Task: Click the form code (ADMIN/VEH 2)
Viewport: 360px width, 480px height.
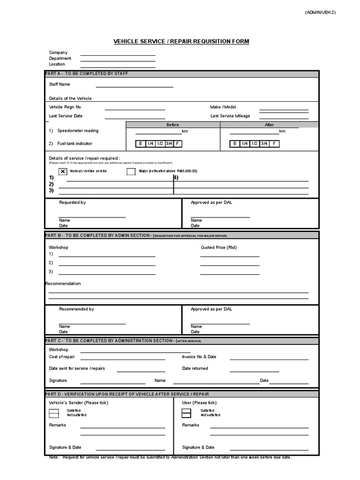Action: click(x=320, y=13)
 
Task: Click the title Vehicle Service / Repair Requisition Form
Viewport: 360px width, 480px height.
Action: click(x=181, y=42)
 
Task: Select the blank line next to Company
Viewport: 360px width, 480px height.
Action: click(x=118, y=55)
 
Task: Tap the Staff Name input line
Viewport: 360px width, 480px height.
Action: click(x=135, y=86)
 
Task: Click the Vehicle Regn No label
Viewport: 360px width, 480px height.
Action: click(x=65, y=107)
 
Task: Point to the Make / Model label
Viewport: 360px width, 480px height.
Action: click(x=223, y=107)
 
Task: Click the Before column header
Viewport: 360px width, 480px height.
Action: click(x=173, y=125)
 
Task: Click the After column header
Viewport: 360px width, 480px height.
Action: click(x=270, y=125)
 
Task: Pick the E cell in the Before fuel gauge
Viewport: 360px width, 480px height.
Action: click(x=140, y=144)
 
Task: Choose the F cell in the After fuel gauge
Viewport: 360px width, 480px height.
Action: click(x=274, y=144)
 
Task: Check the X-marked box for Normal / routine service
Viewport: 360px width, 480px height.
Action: click(x=63, y=172)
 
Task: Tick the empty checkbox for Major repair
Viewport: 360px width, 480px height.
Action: click(x=131, y=172)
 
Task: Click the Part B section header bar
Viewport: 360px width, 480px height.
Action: click(x=181, y=235)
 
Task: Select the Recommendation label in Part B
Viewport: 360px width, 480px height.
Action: click(x=63, y=284)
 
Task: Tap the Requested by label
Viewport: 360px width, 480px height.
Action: click(x=72, y=202)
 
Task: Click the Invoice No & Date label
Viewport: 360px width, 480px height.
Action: click(x=199, y=357)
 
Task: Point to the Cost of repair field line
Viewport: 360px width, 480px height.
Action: click(x=122, y=359)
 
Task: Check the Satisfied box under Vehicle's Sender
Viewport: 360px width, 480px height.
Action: click(x=54, y=411)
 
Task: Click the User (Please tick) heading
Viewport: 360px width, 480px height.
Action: click(x=199, y=403)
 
